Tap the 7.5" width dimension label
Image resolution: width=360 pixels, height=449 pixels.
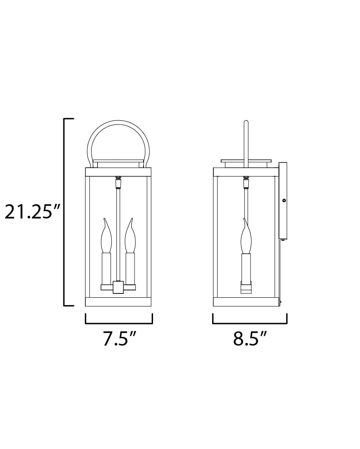(x=119, y=339)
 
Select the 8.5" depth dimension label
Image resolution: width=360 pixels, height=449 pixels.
(x=250, y=339)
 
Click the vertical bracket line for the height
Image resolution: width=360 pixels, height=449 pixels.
(x=65, y=212)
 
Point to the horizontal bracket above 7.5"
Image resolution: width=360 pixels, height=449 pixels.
(x=119, y=322)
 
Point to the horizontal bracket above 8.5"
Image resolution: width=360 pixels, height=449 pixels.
(x=250, y=322)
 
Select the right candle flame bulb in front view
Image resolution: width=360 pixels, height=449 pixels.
(x=130, y=239)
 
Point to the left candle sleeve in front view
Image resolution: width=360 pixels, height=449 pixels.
(x=106, y=269)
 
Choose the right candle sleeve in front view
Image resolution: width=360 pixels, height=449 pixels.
(x=130, y=269)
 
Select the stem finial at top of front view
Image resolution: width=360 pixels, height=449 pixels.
(x=118, y=183)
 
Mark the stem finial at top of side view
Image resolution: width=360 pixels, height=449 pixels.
(x=246, y=183)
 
